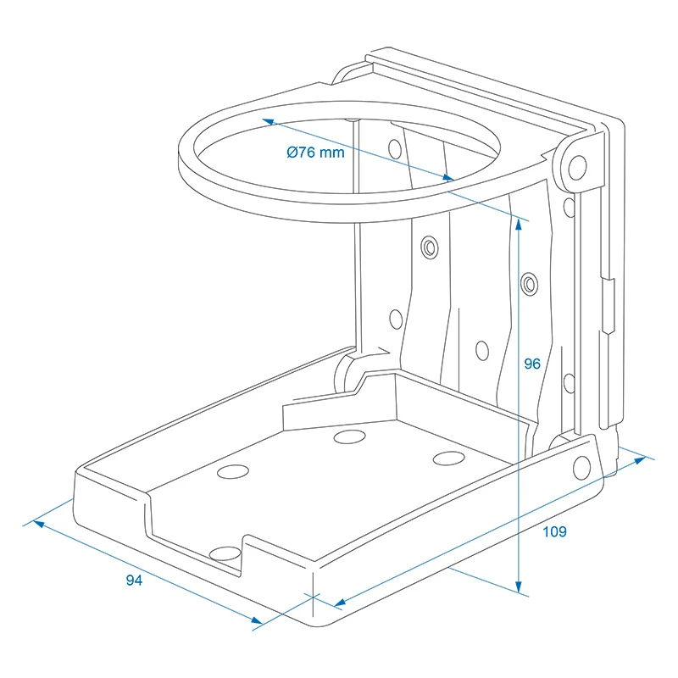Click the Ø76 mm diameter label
coord(315,153)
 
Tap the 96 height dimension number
coord(532,364)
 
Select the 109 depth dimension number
coord(554,531)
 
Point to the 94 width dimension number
coord(134,580)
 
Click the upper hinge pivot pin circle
coord(577,167)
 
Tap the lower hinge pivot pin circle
coord(581,467)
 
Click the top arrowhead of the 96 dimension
coord(519,224)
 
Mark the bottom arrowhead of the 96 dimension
coord(519,586)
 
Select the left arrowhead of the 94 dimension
coord(39,524)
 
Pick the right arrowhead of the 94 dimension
coord(257,620)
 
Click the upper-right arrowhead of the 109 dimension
coord(640,460)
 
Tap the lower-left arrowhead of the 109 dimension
coord(340,603)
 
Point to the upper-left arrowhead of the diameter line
coord(269,122)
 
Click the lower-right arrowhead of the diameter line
coord(448,177)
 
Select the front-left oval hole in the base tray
coord(232,472)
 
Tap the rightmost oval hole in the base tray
coord(449,458)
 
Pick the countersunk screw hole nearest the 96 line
coord(529,284)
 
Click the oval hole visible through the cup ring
coord(395,149)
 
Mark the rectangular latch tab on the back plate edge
coord(609,305)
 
